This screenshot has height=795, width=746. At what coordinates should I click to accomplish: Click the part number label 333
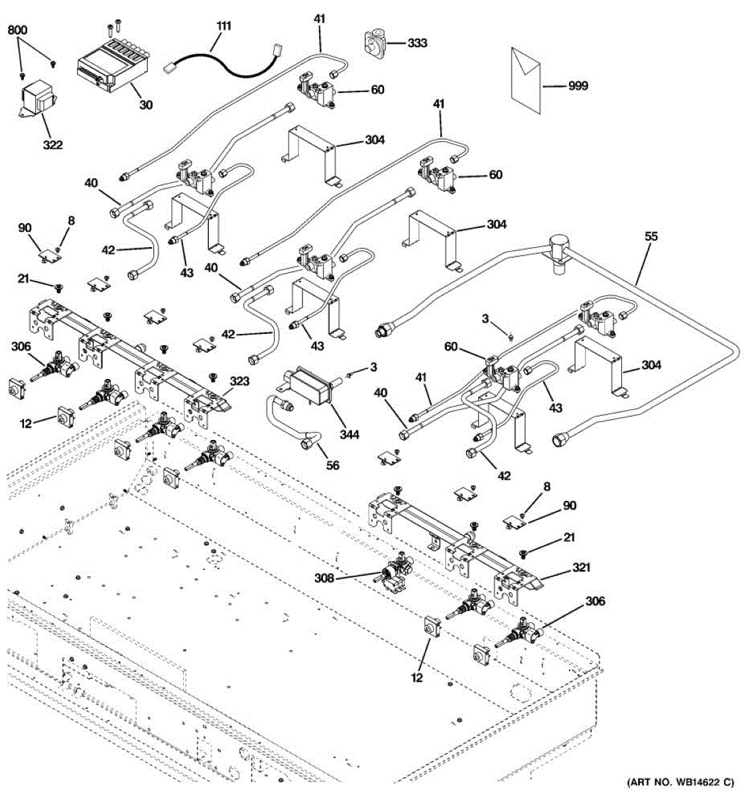417,43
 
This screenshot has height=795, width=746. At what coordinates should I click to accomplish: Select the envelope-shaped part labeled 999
527,75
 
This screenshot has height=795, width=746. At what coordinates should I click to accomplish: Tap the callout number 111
224,26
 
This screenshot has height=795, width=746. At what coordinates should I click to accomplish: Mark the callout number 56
332,466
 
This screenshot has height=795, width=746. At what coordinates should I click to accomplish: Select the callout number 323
239,382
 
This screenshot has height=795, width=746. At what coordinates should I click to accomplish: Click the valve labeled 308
396,574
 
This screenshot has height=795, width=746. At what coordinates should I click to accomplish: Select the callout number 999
578,86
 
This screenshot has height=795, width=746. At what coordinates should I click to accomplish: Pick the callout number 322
52,144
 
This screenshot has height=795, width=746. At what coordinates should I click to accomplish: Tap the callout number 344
349,435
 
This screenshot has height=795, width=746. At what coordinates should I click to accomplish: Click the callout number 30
145,105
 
